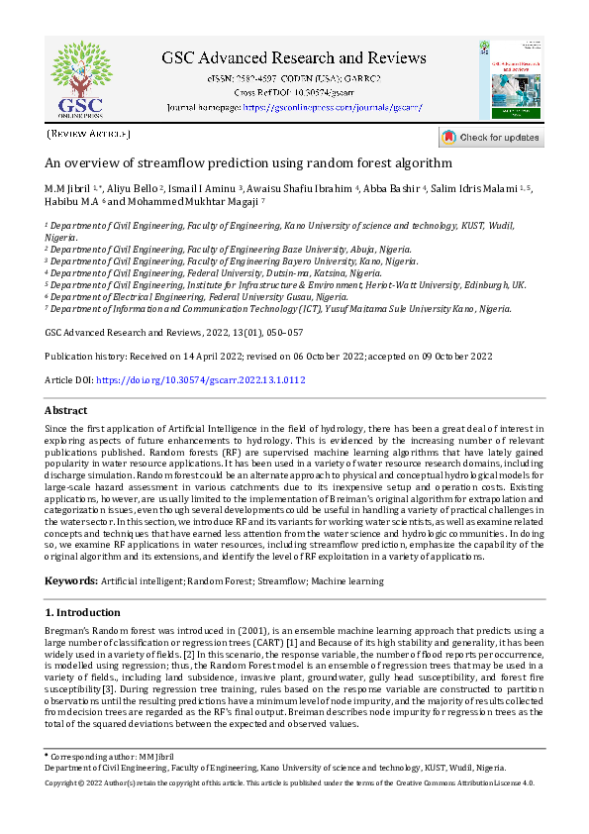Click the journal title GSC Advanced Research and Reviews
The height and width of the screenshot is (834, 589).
tap(294, 57)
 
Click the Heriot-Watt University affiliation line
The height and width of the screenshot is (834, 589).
tap(285, 284)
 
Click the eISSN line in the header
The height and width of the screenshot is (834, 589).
tap(294, 78)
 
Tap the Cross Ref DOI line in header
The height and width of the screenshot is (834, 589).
tap(294, 92)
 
